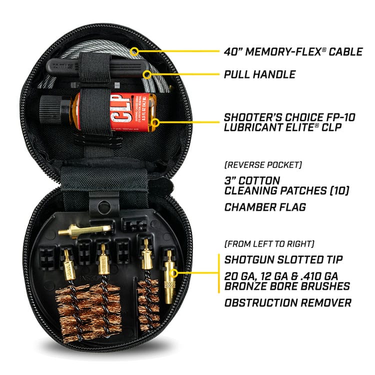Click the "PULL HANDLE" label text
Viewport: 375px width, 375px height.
[x=259, y=75]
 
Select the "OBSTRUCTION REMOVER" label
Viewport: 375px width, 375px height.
[x=287, y=302]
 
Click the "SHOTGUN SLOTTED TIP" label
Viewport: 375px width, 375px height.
[x=282, y=260]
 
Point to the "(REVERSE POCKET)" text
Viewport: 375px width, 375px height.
[x=257, y=164]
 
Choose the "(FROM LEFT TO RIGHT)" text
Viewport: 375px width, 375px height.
[x=269, y=244]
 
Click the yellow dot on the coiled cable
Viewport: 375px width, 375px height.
[x=134, y=51]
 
